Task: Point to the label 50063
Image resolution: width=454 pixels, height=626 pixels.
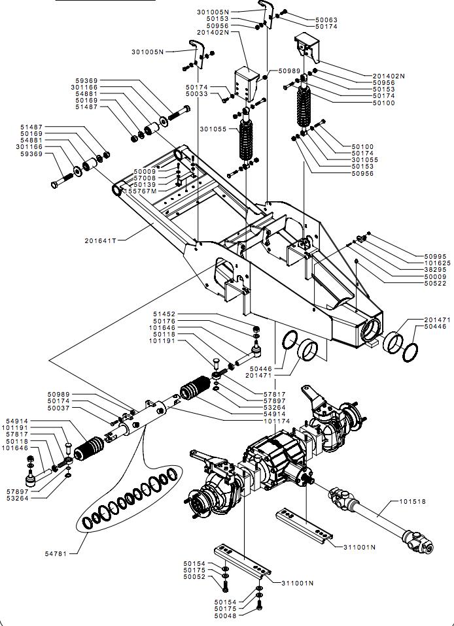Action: (326, 20)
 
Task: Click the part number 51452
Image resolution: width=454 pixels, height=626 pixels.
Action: (164, 314)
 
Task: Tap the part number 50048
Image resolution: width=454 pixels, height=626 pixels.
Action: (225, 616)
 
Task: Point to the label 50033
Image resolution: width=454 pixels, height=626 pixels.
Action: (196, 95)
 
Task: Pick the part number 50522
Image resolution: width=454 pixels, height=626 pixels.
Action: (435, 284)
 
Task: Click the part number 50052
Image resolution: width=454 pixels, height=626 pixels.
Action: (194, 577)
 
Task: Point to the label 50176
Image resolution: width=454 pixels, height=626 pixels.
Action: (164, 321)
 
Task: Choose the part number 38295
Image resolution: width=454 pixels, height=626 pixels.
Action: (435, 269)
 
